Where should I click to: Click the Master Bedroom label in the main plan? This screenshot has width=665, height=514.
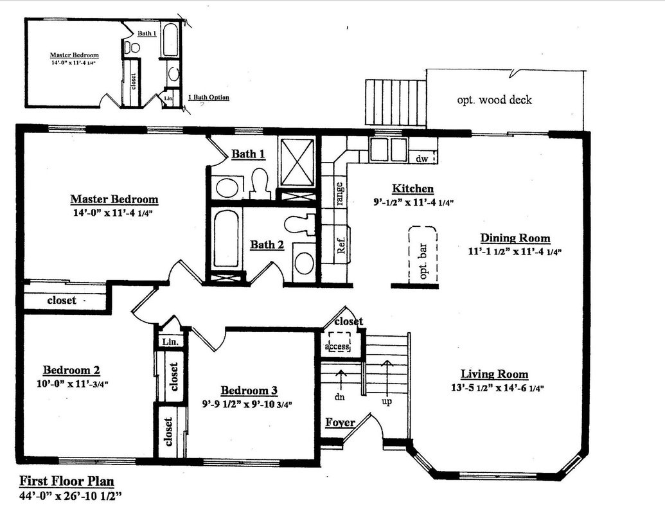pyautogui.click(x=114, y=199)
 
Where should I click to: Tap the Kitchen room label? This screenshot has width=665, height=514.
pyautogui.click(x=412, y=188)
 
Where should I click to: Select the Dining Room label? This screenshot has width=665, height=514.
pyautogui.click(x=515, y=238)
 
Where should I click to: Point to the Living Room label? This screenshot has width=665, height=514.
pyautogui.click(x=495, y=374)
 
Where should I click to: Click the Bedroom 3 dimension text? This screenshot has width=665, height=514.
pyautogui.click(x=247, y=403)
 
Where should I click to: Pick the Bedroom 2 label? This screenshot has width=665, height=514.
pyautogui.click(x=71, y=370)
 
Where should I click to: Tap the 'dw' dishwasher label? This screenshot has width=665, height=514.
pyautogui.click(x=421, y=159)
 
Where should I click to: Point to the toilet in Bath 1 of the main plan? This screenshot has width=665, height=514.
pyautogui.click(x=260, y=183)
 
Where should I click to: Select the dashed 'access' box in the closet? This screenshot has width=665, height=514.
pyautogui.click(x=339, y=341)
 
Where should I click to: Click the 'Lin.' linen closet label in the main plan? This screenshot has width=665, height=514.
pyautogui.click(x=170, y=341)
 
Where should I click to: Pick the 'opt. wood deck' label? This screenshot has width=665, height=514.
pyautogui.click(x=494, y=100)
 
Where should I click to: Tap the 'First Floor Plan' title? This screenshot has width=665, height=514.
pyautogui.click(x=67, y=481)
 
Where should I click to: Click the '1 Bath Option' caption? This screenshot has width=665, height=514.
pyautogui.click(x=209, y=97)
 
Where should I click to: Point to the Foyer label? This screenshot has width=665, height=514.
pyautogui.click(x=340, y=422)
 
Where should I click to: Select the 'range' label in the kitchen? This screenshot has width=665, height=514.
pyautogui.click(x=339, y=194)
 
